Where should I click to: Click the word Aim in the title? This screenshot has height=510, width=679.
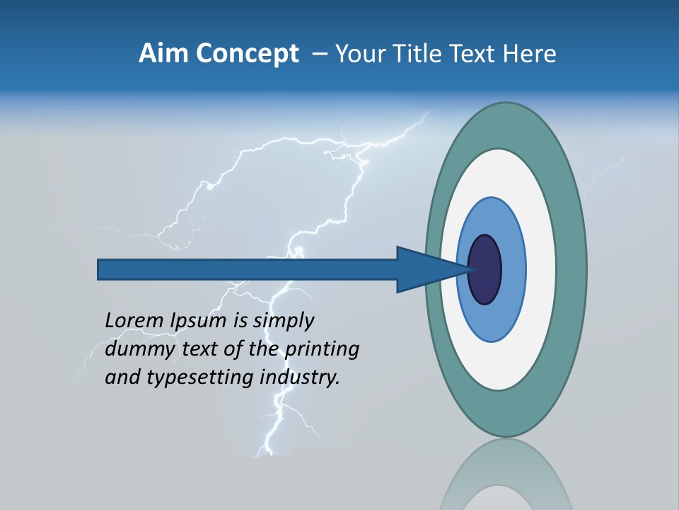[163, 54]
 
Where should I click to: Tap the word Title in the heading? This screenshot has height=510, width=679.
[422, 54]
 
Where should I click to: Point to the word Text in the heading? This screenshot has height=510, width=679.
[476, 54]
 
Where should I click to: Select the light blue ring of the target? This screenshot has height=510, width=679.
[513, 270]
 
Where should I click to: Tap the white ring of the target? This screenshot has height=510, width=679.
[541, 270]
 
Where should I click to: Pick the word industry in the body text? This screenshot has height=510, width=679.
[300, 378]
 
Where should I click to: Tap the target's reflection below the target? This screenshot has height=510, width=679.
[506, 475]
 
